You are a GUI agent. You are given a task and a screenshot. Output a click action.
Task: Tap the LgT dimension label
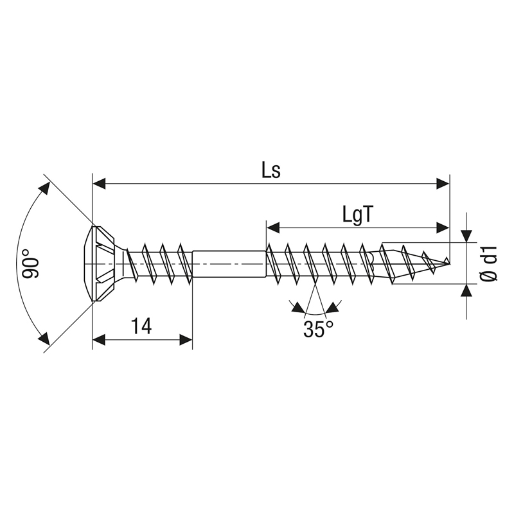pos(358,215)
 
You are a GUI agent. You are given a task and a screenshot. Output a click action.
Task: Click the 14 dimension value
pos(141,326)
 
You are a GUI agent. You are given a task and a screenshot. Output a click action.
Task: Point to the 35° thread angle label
pos(318,329)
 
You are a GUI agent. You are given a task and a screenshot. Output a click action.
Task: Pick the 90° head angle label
pos(31,263)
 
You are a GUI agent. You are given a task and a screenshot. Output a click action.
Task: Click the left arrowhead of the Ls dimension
pos(99,184)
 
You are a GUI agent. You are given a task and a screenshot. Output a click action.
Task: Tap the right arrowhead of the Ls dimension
pos(443,184)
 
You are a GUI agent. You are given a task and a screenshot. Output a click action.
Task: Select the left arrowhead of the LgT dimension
pos(273,228)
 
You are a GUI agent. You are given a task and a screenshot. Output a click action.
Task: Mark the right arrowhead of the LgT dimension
pos(443,228)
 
